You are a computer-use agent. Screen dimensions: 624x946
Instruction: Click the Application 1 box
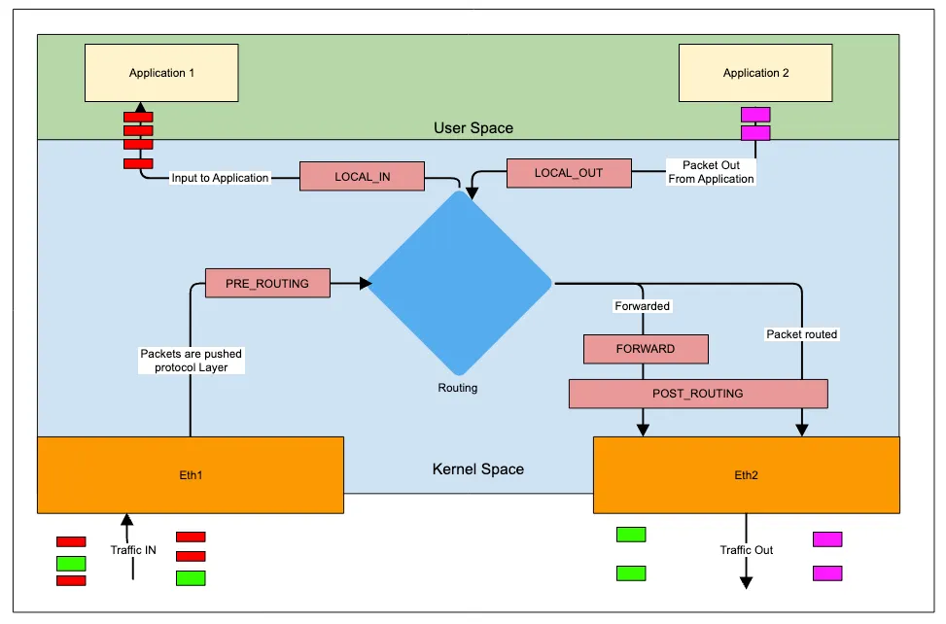(162, 73)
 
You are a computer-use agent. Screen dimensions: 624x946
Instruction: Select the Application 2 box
(755, 73)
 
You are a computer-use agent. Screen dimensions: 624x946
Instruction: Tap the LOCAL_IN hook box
(362, 176)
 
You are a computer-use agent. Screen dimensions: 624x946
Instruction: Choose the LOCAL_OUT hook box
(569, 173)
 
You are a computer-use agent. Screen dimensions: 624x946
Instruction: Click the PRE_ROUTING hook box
(267, 283)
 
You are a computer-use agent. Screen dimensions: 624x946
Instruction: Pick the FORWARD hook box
(646, 348)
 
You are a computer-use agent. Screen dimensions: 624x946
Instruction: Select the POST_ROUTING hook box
(697, 394)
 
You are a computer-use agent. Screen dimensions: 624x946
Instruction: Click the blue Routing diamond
(459, 282)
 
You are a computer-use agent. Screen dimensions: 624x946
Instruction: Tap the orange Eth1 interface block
(191, 474)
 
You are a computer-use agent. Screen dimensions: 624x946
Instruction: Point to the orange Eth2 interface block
(746, 475)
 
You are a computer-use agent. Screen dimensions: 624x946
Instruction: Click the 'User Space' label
(473, 128)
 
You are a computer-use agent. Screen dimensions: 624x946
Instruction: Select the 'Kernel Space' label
(477, 469)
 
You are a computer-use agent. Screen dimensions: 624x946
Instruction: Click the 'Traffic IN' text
(133, 550)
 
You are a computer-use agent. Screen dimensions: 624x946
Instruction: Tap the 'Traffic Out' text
(747, 550)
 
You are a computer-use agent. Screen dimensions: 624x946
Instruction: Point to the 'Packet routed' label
(802, 334)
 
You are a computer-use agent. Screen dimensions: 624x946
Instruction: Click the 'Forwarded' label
(643, 306)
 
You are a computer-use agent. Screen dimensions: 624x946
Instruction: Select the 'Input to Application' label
(220, 178)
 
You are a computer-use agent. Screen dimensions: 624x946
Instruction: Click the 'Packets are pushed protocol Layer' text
(191, 361)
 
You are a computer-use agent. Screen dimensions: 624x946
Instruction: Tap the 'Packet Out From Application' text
(711, 172)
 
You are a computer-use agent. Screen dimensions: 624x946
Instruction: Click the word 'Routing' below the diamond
(457, 388)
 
